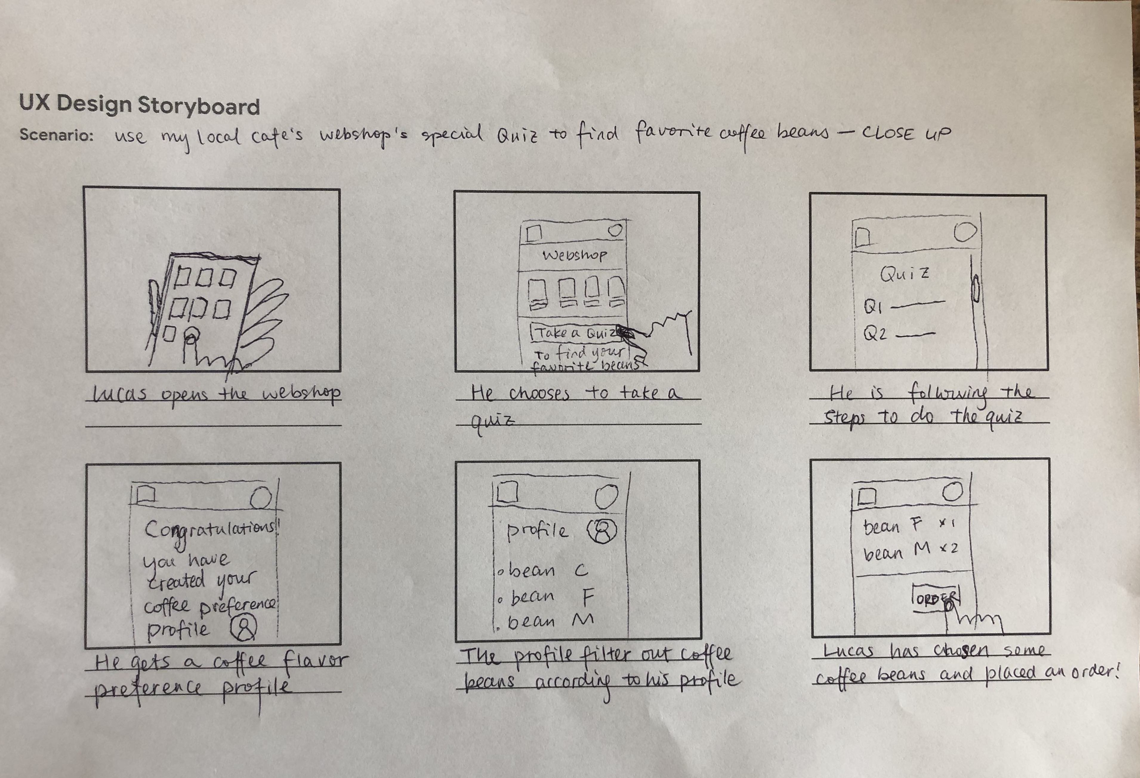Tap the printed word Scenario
[56, 135]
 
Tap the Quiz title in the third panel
[904, 273]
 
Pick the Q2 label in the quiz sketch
[875, 335]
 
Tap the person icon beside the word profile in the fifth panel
[601, 531]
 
